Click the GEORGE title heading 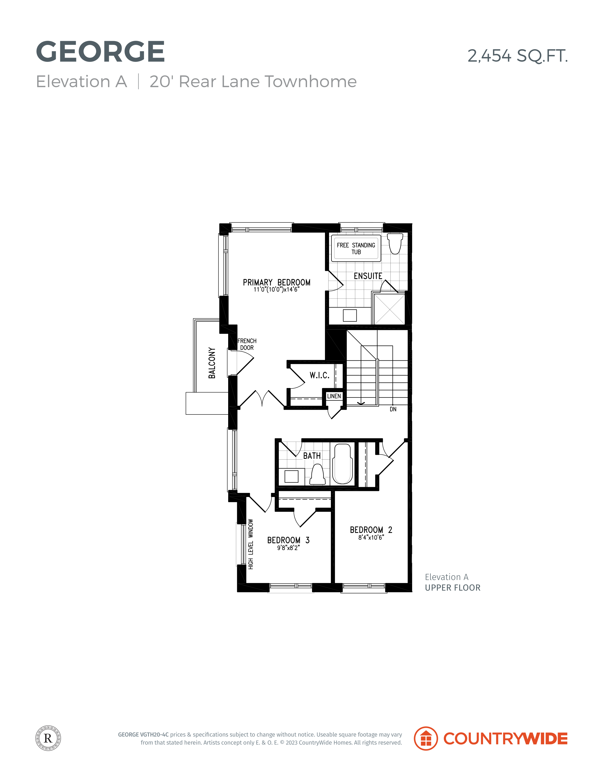100,51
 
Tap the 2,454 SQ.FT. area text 518,56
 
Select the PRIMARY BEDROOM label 277,282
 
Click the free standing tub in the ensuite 356,248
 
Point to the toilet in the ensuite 395,243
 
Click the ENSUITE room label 368,276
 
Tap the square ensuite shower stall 389,309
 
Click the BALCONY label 212,363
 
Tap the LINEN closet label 334,396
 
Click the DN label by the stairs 393,409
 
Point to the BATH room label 312,456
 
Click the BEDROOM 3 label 288,540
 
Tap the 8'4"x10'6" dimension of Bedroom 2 371,537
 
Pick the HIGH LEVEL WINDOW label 251,544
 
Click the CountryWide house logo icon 426,739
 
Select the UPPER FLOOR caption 453,588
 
